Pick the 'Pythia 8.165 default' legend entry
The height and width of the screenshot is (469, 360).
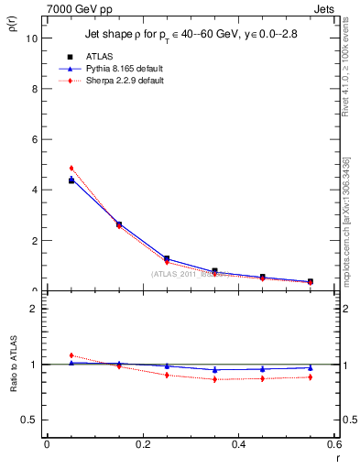119,69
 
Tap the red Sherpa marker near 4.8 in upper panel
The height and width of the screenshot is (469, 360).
71,169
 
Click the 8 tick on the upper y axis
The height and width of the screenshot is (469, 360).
34,89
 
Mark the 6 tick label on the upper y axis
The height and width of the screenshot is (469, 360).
34,139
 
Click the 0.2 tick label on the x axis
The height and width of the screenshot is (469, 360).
142,443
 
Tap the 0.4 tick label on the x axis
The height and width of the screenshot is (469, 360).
238,443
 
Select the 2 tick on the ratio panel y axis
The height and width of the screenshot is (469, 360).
34,309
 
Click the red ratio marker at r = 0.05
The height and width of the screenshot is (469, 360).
71,355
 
